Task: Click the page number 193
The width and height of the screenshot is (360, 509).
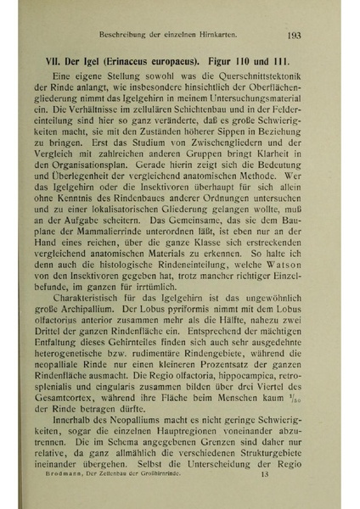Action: (x=295, y=36)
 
